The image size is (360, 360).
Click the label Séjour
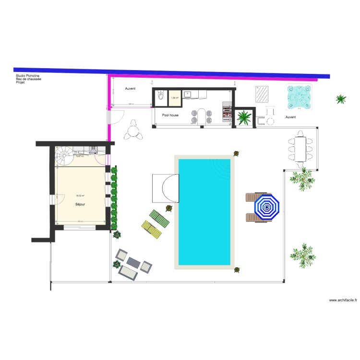80,204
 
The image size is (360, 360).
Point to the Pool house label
170,115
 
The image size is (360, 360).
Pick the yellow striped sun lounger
152,229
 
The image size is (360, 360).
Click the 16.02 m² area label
80,196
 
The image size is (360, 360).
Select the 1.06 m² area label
174,98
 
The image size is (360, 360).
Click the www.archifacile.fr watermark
343,300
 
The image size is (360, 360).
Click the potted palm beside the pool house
244,117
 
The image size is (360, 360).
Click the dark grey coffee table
133,263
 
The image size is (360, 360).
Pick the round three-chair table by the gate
132,131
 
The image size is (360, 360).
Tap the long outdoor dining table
301,149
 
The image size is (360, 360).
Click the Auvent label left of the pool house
130,89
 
